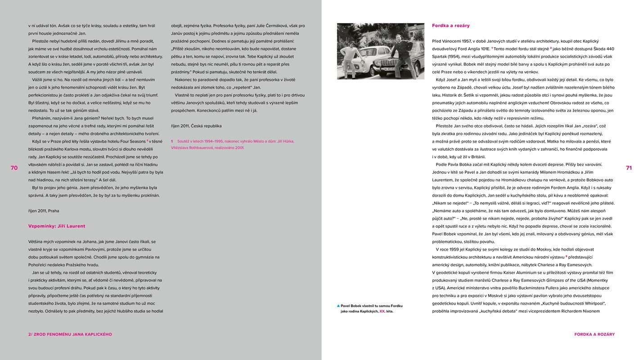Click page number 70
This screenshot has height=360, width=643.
(14, 168)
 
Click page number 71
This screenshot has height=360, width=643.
(629, 168)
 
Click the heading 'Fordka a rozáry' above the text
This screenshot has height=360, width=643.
(450, 26)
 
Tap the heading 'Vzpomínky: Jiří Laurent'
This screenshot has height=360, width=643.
(56, 226)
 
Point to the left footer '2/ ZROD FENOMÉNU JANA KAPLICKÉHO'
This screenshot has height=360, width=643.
(70, 334)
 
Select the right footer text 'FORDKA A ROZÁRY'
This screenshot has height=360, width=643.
(594, 334)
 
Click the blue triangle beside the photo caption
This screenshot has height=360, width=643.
(338, 306)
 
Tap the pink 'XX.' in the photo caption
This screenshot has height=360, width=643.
(382, 311)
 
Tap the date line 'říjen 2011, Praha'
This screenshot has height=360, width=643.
(43, 211)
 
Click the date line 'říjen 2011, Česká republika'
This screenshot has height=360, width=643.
(196, 126)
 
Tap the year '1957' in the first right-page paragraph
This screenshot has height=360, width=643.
(466, 41)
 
